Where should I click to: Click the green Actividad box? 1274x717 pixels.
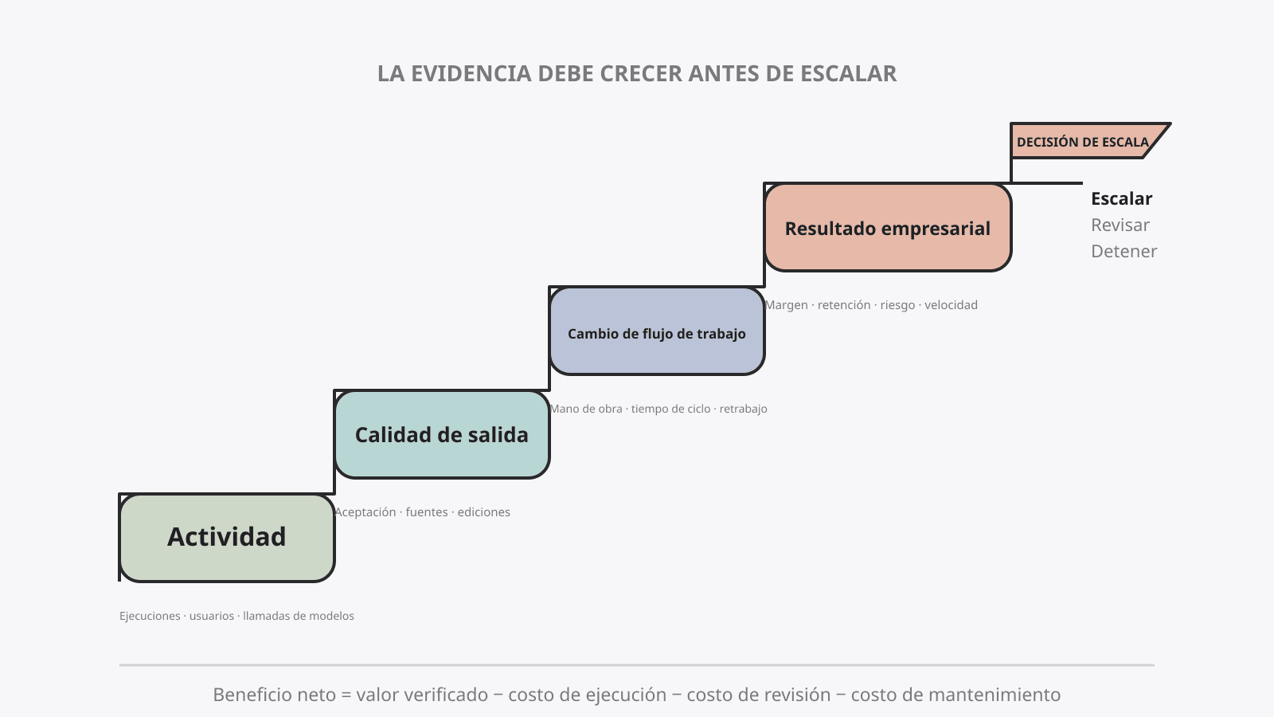pyautogui.click(x=227, y=538)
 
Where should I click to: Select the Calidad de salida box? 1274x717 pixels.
pyautogui.click(x=442, y=435)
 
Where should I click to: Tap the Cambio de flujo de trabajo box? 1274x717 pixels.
pyautogui.click(x=657, y=331)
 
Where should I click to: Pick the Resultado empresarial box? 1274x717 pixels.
pyautogui.click(x=888, y=228)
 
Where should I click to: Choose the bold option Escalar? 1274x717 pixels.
pyautogui.click(x=1122, y=198)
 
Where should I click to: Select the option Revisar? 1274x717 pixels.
pyautogui.click(x=1120, y=225)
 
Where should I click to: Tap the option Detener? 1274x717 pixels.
pyautogui.click(x=1124, y=251)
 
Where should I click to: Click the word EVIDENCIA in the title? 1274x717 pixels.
pyautogui.click(x=471, y=73)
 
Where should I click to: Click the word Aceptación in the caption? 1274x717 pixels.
pyautogui.click(x=365, y=512)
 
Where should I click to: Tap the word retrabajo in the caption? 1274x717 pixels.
pyautogui.click(x=744, y=409)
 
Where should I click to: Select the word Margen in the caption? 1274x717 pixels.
pyautogui.click(x=787, y=305)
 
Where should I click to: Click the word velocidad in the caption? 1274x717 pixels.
pyautogui.click(x=951, y=305)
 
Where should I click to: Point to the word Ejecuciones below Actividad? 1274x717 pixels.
pyautogui.click(x=150, y=616)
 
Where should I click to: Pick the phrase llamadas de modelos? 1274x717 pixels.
pyautogui.click(x=299, y=616)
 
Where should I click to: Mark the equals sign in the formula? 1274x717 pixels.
pyautogui.click(x=346, y=695)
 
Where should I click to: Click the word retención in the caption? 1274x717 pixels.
pyautogui.click(x=844, y=305)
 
